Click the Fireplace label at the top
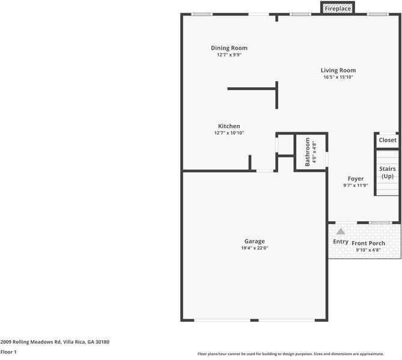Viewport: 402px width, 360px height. tap(338, 9)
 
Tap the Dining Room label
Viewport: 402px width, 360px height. tap(229, 48)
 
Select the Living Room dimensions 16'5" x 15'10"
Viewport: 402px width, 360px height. tap(338, 77)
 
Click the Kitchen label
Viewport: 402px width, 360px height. tap(229, 126)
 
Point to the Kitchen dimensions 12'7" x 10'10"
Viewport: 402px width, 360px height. tap(229, 133)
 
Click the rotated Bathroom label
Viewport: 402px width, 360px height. tap(308, 152)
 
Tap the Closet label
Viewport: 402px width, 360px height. tap(388, 140)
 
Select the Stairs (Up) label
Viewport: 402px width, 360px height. tap(388, 172)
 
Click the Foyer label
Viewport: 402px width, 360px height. tap(356, 178)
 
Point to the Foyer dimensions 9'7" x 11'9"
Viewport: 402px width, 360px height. tap(356, 185)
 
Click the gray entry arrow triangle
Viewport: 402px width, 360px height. tap(341, 231)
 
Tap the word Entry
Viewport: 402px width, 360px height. tap(341, 242)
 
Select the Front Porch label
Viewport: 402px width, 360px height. tap(368, 243)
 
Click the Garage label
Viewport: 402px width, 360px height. tap(254, 241)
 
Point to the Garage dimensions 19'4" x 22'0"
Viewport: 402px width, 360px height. tap(254, 248)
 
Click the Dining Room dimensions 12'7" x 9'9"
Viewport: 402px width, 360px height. tap(229, 55)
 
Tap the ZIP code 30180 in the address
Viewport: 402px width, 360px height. tap(102, 342)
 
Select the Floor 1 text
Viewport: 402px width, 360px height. tap(8, 352)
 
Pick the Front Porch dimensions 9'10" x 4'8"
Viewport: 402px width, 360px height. tap(368, 250)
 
